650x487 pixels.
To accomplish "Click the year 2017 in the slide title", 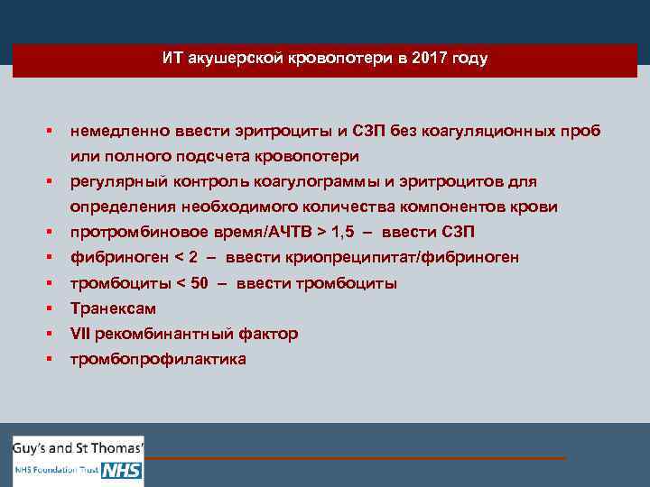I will click(428, 59).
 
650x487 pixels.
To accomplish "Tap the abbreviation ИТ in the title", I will click(172, 59).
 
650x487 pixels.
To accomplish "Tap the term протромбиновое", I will click(131, 233).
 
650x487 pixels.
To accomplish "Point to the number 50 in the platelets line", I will click(199, 283).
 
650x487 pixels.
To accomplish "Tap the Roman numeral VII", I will click(80, 334).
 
